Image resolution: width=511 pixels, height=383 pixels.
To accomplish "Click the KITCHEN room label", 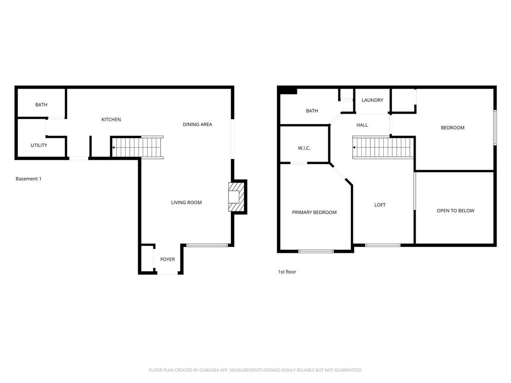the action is [111, 120].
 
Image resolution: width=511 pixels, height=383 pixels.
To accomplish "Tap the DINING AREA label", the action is [197, 124].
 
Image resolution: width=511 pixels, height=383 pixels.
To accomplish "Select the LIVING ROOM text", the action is [187, 202].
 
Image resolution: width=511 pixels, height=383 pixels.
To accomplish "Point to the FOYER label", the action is [168, 259].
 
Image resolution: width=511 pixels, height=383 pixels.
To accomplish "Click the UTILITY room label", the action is [39, 145].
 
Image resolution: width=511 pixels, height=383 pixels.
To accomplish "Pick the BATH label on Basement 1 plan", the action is [41, 105].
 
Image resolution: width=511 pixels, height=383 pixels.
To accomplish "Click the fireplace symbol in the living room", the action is [236, 197].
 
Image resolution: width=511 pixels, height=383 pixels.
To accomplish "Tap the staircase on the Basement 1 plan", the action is [137, 147].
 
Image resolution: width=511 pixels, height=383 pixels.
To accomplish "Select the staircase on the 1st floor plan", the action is [383, 147].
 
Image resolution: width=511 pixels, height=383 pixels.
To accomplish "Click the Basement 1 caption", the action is [28, 179].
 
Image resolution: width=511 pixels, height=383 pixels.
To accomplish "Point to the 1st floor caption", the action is [287, 272].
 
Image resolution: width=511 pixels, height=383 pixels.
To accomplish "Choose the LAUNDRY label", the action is [372, 100].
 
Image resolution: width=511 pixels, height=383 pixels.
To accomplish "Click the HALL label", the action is [362, 125].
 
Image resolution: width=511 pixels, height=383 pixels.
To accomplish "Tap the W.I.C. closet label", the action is [304, 148].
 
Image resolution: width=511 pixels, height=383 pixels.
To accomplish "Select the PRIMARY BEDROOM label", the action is [314, 212].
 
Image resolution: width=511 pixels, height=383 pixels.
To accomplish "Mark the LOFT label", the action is [380, 205].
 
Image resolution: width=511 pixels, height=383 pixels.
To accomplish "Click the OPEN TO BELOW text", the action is [456, 211].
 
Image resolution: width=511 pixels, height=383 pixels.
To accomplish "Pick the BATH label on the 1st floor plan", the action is [312, 111].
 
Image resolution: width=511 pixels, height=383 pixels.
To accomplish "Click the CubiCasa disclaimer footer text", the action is [255, 370].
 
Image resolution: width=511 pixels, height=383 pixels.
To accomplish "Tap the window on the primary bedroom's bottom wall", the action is [316, 251].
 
